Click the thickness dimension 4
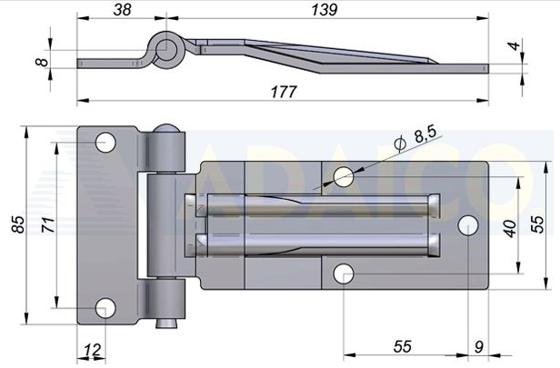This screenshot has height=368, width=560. [x=515, y=45]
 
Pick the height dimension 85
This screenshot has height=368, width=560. [x=17, y=224]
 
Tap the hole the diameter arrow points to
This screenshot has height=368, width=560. [x=344, y=175]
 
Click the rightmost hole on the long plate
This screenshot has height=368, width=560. [x=469, y=224]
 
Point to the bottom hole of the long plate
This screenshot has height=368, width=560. [x=344, y=273]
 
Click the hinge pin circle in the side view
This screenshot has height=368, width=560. [x=167, y=48]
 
